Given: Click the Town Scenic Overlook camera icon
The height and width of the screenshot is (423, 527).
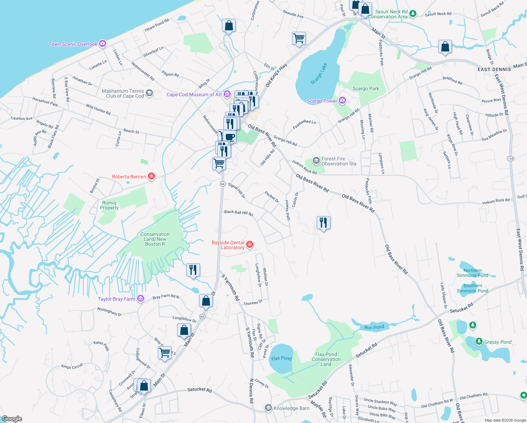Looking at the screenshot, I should pos(103,44).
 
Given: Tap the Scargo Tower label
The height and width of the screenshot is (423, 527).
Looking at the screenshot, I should pos(322,101).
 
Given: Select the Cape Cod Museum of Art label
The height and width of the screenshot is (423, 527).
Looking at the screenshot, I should pos(194,94).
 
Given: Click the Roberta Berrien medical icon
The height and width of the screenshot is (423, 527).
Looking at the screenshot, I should pos(151,176).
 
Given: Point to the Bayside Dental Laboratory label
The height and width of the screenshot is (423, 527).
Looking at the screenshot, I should pos(228,245).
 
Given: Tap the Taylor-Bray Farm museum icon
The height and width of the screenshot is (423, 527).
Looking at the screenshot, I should pos(141,299).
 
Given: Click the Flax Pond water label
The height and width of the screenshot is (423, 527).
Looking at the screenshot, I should pos(281,358).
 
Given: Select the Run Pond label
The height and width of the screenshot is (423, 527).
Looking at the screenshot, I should pos(374,327).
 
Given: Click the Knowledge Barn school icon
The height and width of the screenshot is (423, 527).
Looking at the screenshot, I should pos(268,408).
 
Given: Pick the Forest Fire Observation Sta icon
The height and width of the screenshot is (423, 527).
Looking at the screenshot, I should pos(317,161).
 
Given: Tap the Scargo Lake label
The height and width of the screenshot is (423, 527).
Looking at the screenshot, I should pos(319,74).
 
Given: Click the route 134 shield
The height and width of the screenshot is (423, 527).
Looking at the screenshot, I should pos(510,159).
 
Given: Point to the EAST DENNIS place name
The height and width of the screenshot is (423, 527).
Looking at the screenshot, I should pos(494,69).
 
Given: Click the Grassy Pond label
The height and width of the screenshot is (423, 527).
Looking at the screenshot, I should pos(497,342).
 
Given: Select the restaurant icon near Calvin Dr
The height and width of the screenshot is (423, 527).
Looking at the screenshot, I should pos(323,223).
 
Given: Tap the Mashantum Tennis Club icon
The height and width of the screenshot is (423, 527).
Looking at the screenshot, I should pos(149,93).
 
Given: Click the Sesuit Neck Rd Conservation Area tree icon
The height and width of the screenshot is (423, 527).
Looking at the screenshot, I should pos(413,13).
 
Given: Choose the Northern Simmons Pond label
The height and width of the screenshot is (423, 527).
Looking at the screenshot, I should pos(472,273).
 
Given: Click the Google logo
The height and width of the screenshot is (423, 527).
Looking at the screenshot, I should pos(12,419).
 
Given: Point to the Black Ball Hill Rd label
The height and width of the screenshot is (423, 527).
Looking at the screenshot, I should pos(238,213).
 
